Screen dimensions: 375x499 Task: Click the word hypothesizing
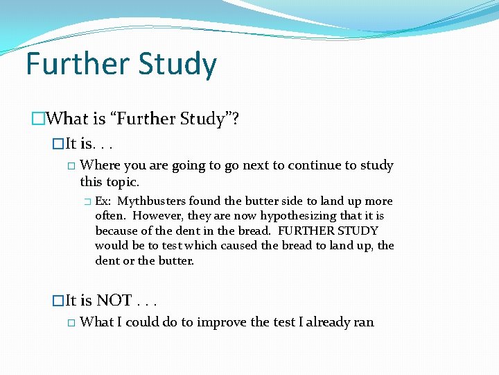[306, 216]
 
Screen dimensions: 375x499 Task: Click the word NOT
[114, 301]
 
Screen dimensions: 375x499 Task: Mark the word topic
[122, 182]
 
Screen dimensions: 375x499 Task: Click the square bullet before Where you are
[71, 166]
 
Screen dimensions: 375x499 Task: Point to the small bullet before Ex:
[87, 202]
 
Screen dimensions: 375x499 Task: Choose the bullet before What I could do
[71, 323]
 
